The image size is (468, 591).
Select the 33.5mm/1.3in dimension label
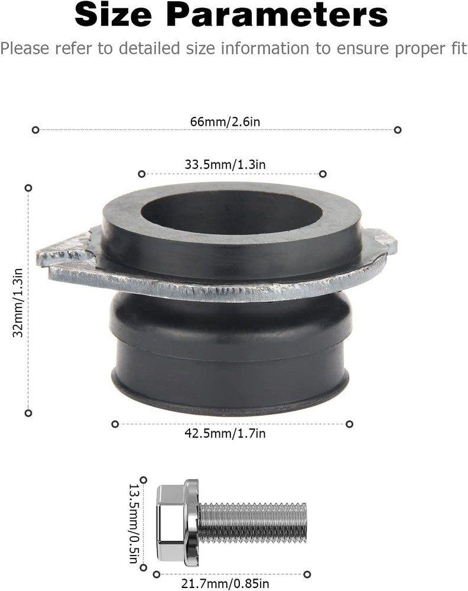pyautogui.click(x=225, y=165)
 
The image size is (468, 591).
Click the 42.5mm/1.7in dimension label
pyautogui.click(x=225, y=434)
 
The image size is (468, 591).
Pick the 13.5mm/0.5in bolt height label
pyautogui.click(x=135, y=524)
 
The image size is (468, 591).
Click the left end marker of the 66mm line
pyautogui.click(x=35, y=129)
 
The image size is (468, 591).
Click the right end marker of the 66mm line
pyautogui.click(x=398, y=129)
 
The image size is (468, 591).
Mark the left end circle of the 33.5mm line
pyautogui.click(x=141, y=174)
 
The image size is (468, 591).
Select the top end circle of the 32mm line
pyautogui.click(x=28, y=187)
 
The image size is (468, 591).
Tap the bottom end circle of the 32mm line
pyautogui.click(x=28, y=413)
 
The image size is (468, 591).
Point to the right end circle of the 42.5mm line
pyautogui.click(x=349, y=424)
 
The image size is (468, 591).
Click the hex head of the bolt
pyautogui.click(x=171, y=524)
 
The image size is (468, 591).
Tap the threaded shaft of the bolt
pyautogui.click(x=254, y=522)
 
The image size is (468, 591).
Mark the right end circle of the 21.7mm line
pyautogui.click(x=307, y=574)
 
